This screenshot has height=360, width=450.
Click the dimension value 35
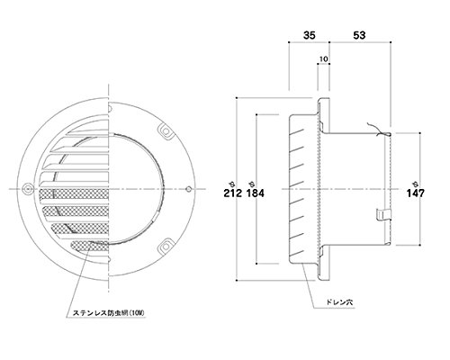[310, 35]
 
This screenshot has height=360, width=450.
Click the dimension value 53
[359, 35]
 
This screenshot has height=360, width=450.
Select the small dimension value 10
[323, 59]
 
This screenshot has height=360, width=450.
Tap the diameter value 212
[232, 193]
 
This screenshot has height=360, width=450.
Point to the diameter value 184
[256, 193]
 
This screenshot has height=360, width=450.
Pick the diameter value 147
[416, 193]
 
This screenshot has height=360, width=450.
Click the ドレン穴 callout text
[339, 302]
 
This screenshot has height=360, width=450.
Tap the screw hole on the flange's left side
[27, 189]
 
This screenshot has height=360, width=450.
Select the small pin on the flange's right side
[188, 189]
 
